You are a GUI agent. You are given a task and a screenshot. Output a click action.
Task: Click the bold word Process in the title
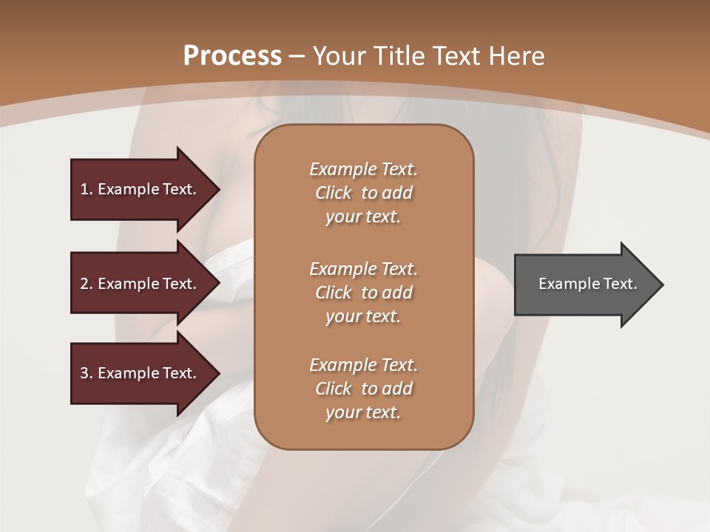[232, 56]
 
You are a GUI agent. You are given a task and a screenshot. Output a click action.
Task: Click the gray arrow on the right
[584, 284]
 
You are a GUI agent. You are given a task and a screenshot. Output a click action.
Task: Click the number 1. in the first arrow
[87, 189]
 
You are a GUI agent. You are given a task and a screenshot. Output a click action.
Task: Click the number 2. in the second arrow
[87, 284]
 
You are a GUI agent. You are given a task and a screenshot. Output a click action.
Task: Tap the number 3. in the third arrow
[87, 373]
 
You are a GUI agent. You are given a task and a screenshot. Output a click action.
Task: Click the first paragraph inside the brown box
[363, 193]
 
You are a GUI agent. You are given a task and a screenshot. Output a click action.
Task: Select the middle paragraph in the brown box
[363, 293]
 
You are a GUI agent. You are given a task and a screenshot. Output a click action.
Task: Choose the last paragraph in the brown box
[363, 389]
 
